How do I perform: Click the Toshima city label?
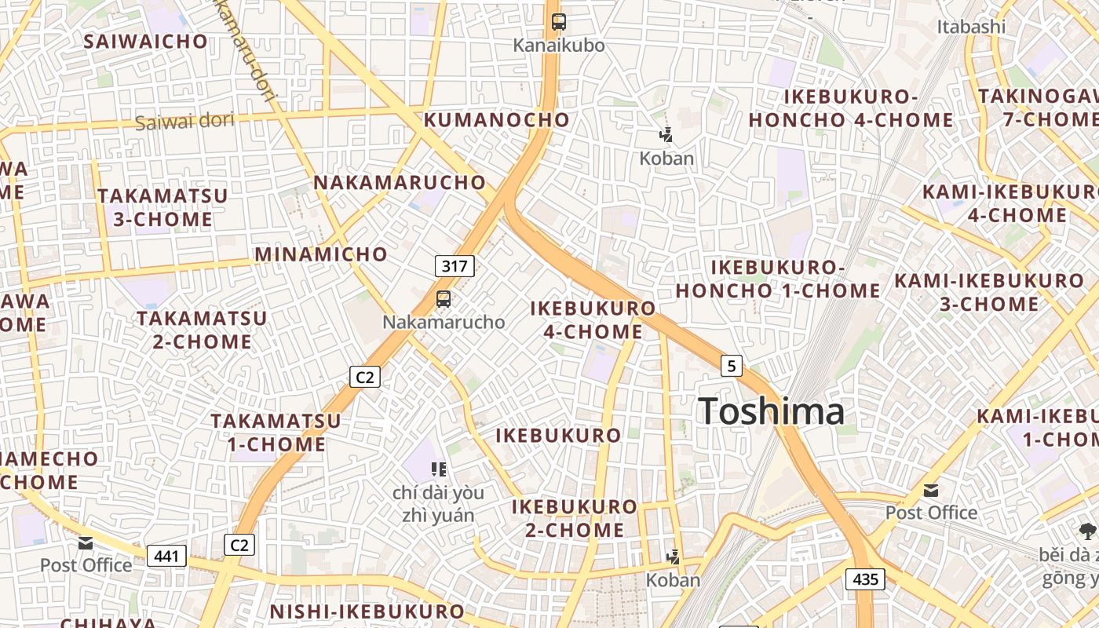pos(771,411)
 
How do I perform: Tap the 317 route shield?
pos(455,266)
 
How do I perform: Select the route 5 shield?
pos(732,366)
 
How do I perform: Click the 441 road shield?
pos(166,557)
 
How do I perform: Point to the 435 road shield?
pos(865,580)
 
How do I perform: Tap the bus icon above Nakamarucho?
pos(444,299)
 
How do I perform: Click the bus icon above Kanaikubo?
pos(559,22)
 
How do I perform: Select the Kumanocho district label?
pos(496,120)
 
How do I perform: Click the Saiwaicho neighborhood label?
pos(146,42)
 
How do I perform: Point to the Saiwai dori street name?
pos(184,122)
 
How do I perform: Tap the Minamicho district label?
pos(321,254)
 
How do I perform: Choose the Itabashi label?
pos(970,27)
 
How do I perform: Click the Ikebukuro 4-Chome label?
pos(593,319)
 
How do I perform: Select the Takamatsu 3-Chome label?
pos(162,207)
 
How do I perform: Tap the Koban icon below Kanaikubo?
pos(666,135)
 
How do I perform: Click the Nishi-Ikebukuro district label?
pos(367,612)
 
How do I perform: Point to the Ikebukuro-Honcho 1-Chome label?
pos(777,279)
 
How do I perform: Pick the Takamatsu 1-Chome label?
pos(276,433)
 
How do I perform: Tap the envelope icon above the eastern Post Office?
pos(931,491)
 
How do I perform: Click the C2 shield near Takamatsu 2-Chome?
pos(365,378)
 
